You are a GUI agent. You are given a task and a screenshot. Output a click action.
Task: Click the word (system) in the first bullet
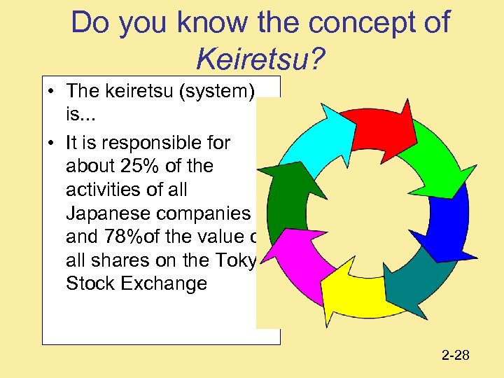223,91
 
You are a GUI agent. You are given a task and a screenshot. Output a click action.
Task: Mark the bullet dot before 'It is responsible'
52,143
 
